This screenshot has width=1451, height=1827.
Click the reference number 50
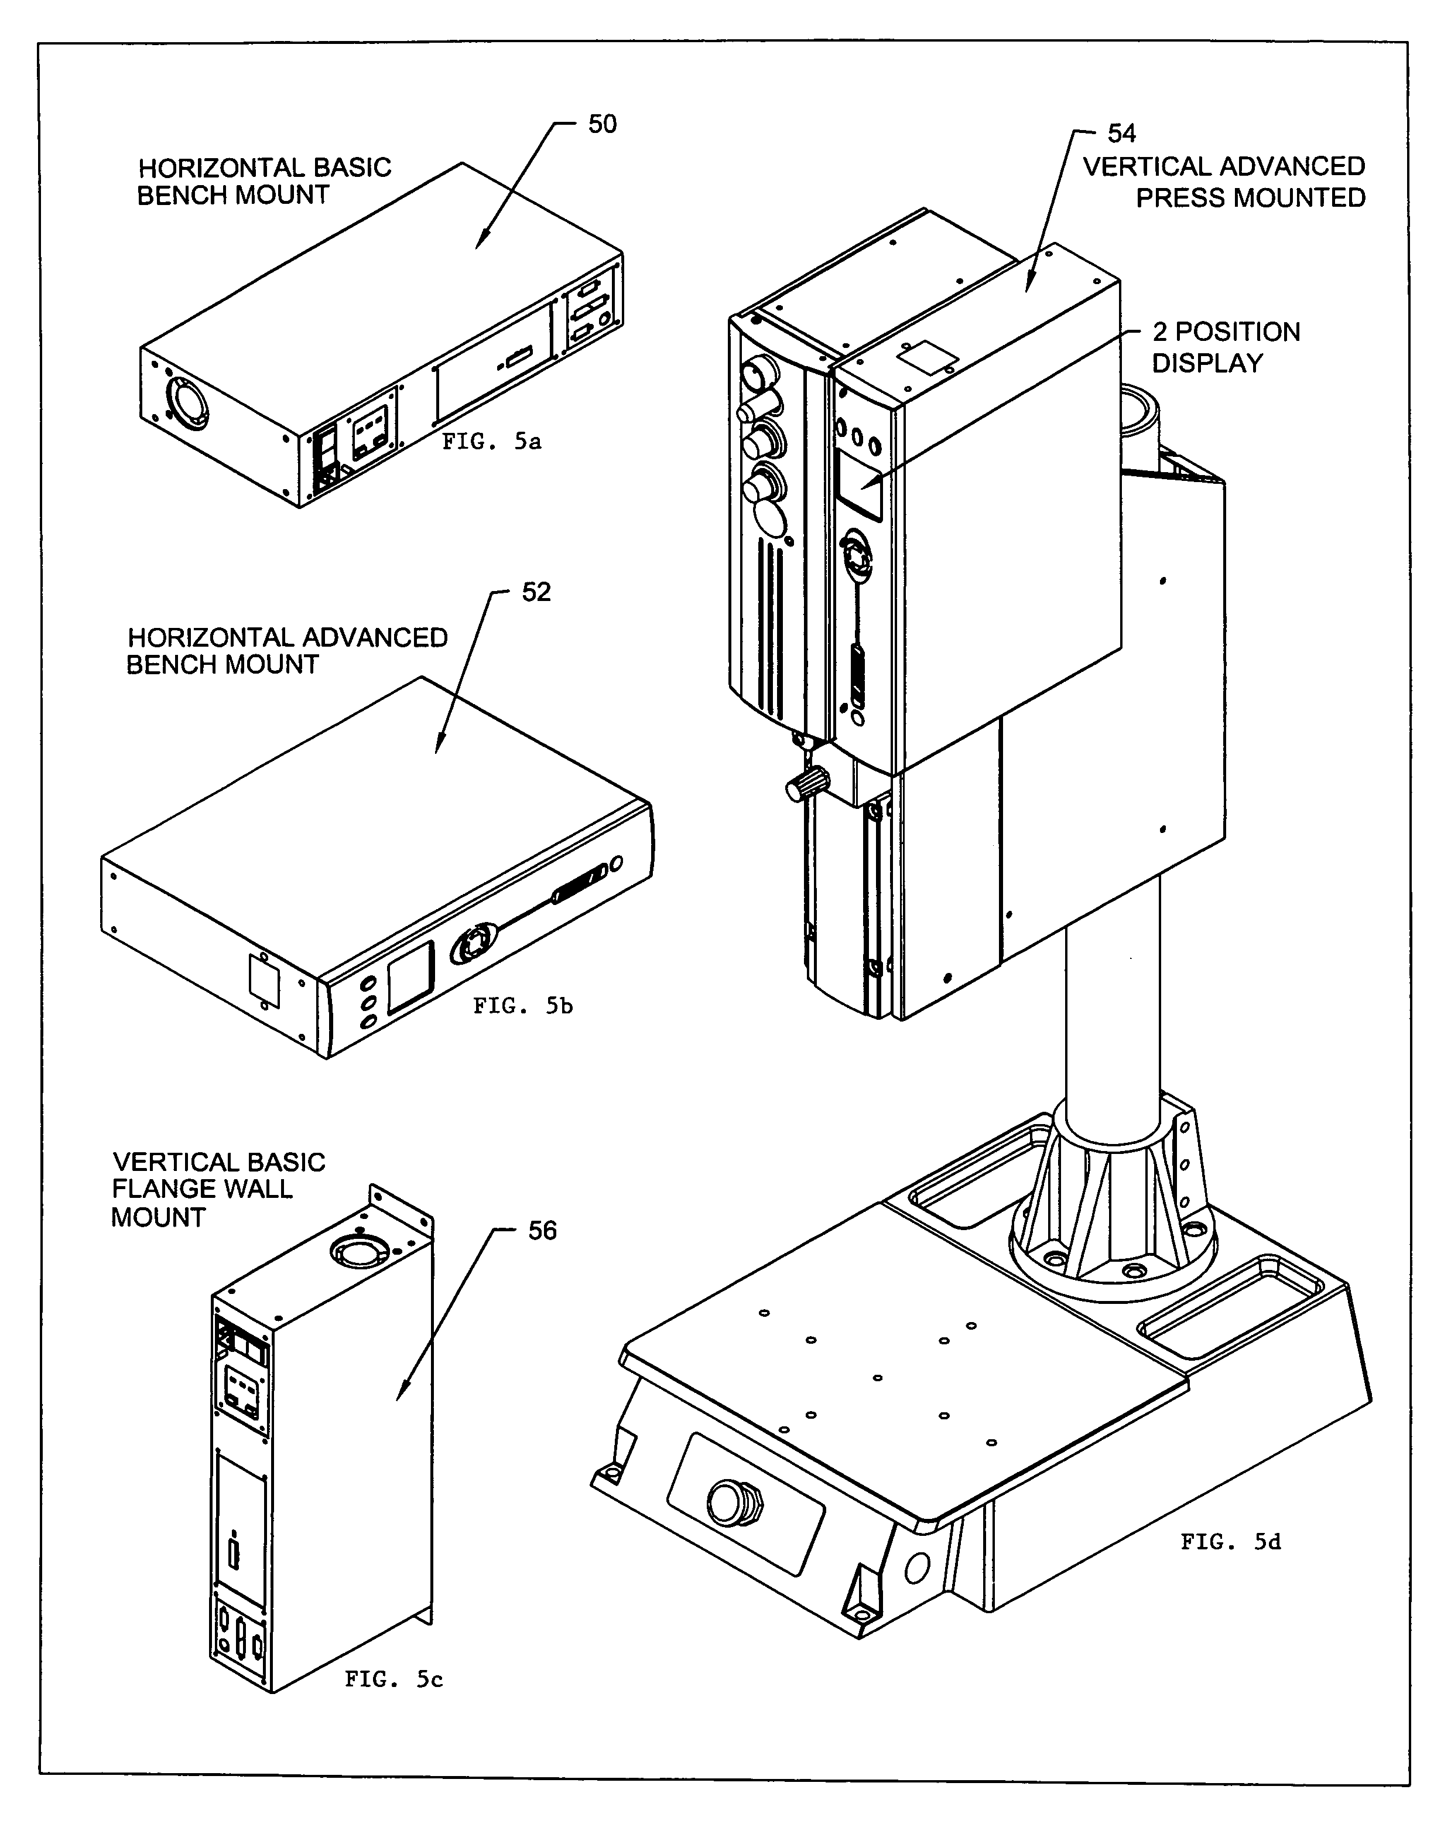coord(603,125)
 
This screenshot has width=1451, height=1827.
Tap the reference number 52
coord(536,592)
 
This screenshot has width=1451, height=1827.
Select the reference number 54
coord(1121,134)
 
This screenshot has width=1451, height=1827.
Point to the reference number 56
coord(542,1231)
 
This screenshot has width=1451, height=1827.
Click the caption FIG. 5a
coord(491,442)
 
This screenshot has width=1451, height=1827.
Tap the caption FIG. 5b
coord(523,1006)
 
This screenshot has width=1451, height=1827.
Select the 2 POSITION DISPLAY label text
coord(1225,347)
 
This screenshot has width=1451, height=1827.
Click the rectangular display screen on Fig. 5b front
coord(410,976)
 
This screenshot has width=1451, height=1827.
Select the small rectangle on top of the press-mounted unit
coord(927,357)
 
